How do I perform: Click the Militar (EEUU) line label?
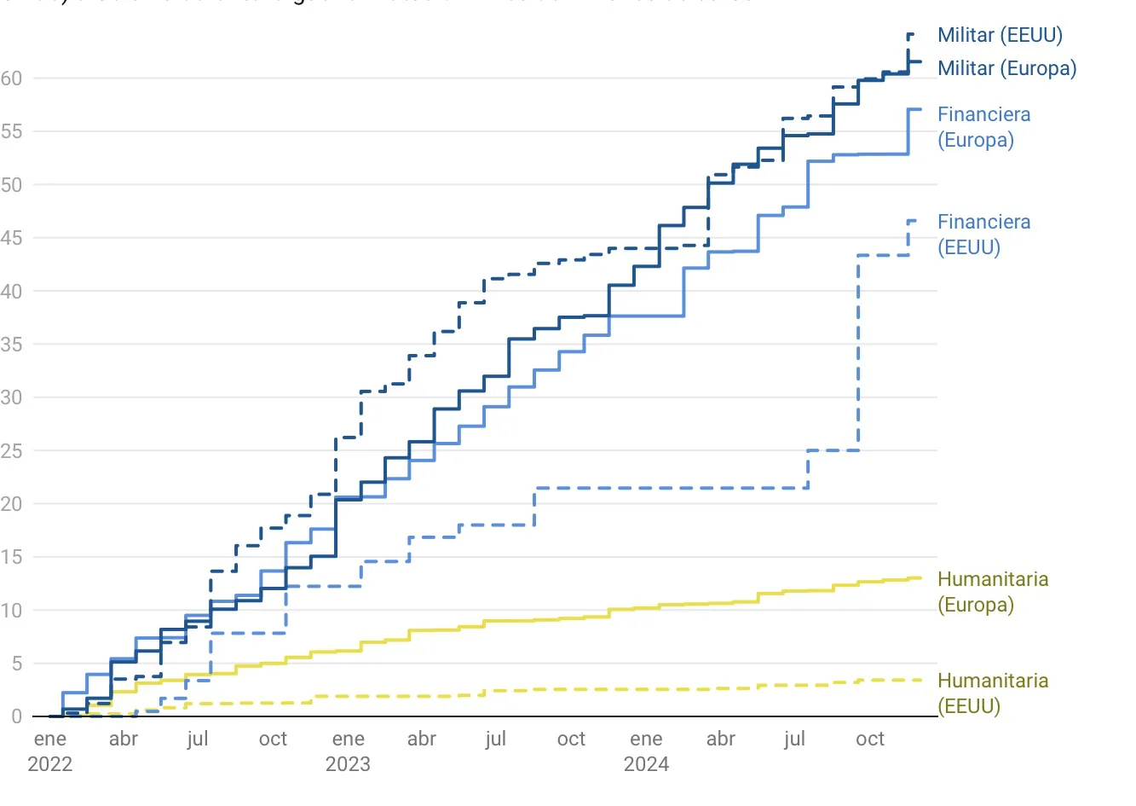1000,35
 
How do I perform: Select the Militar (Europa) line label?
1006,68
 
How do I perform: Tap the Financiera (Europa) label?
983,127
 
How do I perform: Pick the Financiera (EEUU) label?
983,235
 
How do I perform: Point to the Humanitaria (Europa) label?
992,592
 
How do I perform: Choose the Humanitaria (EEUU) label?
992,693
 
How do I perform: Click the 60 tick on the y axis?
11,78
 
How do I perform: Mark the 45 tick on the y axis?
11,238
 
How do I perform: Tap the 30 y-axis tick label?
11,397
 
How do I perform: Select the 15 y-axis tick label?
11,557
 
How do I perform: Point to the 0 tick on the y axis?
16,716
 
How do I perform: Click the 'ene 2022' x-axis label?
50,751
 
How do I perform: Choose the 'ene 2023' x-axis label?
348,751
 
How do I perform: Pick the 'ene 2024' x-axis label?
646,751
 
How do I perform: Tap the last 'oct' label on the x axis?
870,739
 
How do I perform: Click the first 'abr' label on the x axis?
124,739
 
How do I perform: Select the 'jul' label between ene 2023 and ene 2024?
496,739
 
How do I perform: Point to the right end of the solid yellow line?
920,577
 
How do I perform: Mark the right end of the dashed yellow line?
920,680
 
